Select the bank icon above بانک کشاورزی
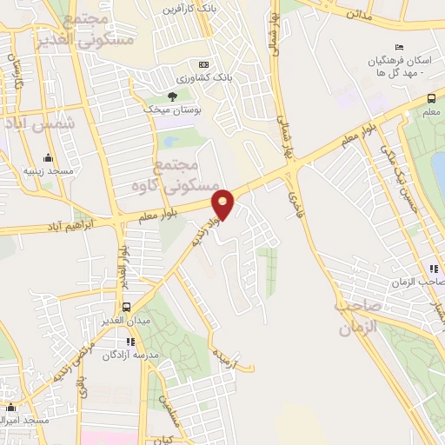[203, 64]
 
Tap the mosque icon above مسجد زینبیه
[48, 157]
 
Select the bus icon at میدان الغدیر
[127, 307]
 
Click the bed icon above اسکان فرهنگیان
[399, 46]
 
